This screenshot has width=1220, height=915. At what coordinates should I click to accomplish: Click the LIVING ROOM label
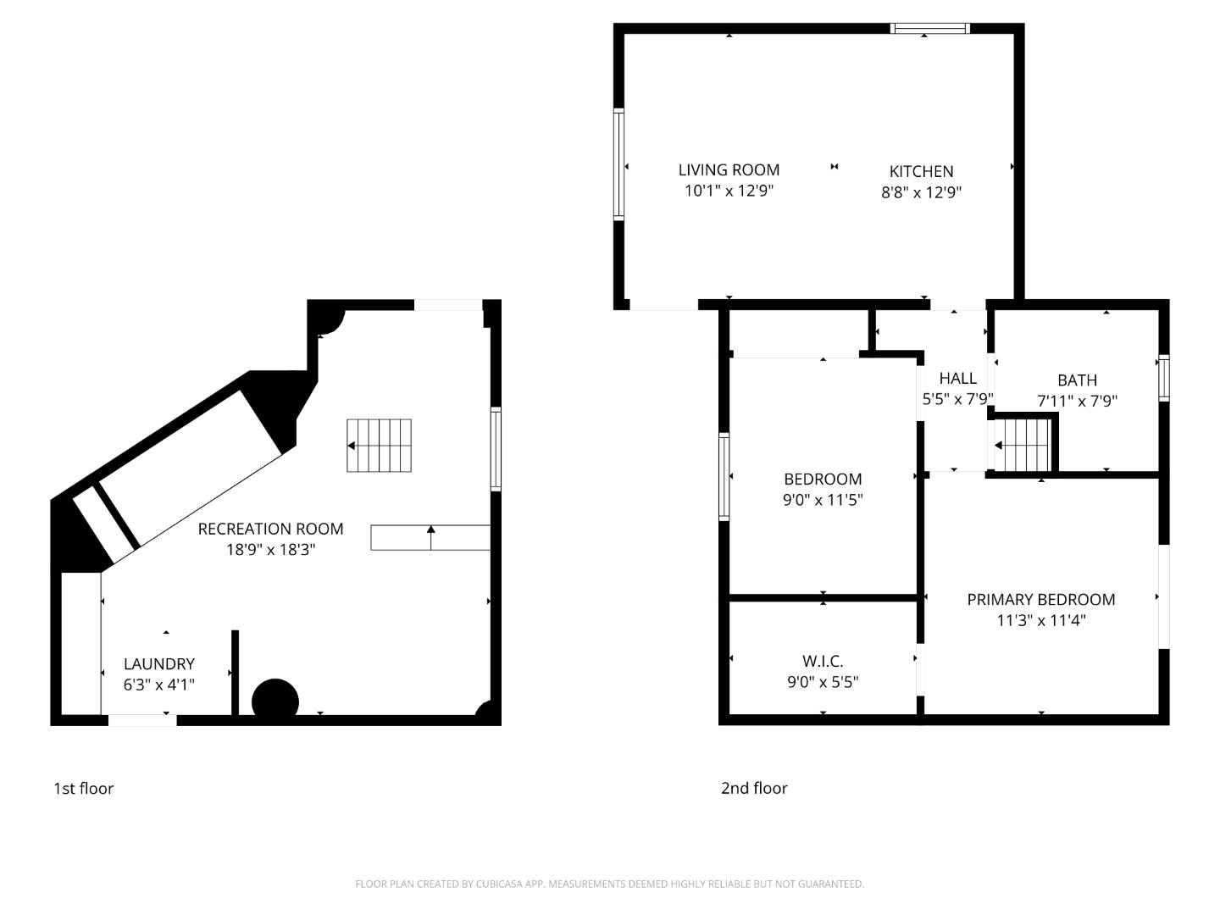[729, 170]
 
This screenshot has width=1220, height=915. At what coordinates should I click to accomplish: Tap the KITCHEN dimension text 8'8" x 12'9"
[921, 192]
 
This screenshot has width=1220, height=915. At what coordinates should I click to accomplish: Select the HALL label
[957, 379]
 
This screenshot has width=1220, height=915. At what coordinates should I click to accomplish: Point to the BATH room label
[1077, 380]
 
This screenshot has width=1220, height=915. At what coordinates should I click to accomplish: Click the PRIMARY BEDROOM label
[1040, 600]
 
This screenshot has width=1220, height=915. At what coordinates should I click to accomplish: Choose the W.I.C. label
[822, 661]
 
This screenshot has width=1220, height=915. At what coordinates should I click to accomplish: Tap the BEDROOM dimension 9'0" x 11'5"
[822, 500]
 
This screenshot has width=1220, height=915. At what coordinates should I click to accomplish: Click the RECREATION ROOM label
[270, 529]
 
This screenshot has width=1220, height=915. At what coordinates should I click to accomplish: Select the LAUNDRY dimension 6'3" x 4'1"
[159, 685]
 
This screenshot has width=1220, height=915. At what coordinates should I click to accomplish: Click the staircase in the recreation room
[379, 446]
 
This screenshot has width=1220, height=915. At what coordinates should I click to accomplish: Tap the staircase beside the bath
[1023, 446]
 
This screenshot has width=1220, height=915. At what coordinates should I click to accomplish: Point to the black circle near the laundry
[275, 701]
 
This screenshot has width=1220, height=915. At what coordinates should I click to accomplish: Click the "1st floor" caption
[83, 789]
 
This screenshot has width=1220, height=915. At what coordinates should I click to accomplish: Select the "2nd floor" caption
[754, 789]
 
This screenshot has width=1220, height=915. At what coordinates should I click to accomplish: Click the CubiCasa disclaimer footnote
[609, 884]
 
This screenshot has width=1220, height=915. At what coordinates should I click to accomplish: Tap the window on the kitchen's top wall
[930, 29]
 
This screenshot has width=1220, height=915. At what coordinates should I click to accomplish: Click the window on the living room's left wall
[618, 165]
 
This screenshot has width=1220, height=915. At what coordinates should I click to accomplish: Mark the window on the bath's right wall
[1164, 378]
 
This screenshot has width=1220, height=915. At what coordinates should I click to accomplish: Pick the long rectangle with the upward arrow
[430, 538]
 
